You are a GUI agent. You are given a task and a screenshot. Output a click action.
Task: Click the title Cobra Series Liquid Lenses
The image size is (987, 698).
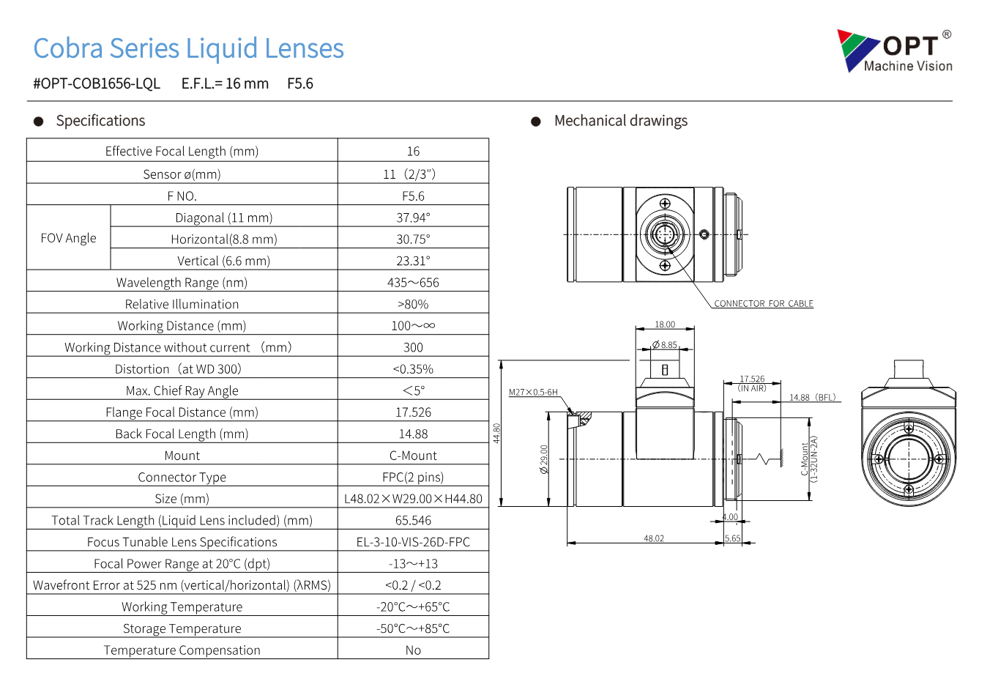tap(189, 48)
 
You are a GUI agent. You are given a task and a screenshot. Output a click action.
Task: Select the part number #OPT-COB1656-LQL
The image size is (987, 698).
tap(97, 83)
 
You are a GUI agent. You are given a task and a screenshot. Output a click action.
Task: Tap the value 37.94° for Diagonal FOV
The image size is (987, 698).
tap(413, 218)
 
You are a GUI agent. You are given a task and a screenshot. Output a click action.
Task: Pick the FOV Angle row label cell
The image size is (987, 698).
tap(68, 238)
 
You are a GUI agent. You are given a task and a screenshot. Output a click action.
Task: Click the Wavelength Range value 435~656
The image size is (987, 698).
tap(413, 283)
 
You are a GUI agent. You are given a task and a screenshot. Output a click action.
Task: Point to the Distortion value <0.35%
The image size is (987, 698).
tap(413, 369)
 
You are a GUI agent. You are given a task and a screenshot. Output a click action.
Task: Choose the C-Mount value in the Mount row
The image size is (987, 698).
tap(413, 455)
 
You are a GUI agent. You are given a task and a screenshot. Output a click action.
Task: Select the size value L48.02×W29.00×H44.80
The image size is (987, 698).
tap(413, 498)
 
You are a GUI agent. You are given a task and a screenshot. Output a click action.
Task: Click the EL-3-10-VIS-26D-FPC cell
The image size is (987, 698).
tap(413, 541)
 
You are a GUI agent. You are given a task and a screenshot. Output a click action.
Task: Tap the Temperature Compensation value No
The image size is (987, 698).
tap(413, 650)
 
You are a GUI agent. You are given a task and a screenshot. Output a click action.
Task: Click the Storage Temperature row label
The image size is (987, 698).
tap(182, 628)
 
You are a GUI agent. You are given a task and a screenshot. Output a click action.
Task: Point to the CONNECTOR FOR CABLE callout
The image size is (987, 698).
tap(764, 303)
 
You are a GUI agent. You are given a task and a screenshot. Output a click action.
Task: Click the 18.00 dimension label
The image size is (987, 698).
tap(665, 324)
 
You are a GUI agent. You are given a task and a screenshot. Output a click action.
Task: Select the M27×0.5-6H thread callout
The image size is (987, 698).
tap(533, 392)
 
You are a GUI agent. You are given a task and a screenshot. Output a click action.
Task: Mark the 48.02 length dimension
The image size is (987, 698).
tap(653, 538)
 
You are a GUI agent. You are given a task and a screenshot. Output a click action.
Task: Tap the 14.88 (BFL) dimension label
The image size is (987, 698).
tap(813, 397)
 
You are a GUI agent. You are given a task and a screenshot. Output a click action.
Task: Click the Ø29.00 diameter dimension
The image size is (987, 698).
tap(544, 459)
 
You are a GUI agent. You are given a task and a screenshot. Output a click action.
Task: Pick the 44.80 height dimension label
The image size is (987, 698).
tap(496, 433)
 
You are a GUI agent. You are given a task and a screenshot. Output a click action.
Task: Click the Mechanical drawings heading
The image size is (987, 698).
tap(621, 121)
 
